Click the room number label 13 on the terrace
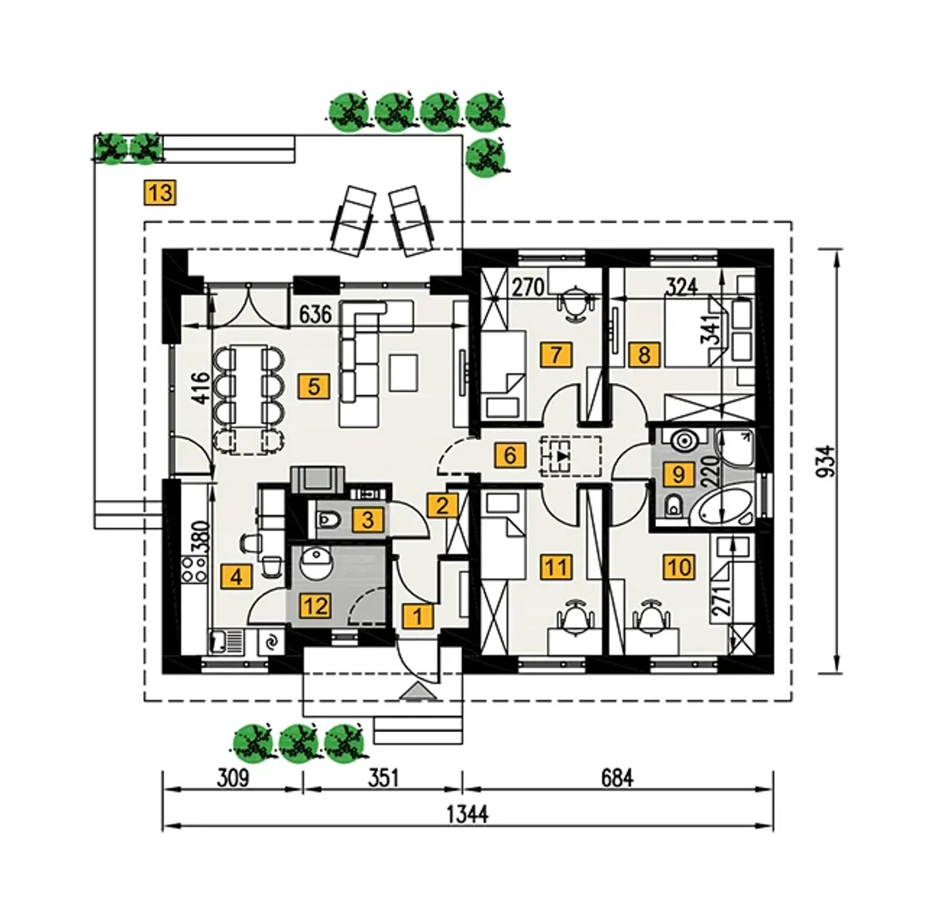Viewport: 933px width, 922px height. click(160, 193)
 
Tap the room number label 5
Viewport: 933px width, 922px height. click(313, 385)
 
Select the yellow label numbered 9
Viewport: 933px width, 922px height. click(679, 475)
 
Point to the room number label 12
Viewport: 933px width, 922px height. click(317, 605)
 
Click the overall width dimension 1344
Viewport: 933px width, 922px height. click(467, 813)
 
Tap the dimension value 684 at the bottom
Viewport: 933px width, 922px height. click(617, 778)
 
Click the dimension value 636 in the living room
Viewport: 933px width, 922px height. click(316, 315)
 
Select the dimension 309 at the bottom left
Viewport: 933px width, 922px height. click(233, 778)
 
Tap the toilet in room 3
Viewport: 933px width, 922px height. click(329, 520)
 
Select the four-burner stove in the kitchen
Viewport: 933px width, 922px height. click(194, 568)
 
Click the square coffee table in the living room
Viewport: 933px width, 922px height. click(404, 371)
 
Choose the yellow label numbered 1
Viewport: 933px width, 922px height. click(418, 616)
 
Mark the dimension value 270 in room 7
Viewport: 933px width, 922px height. click(527, 287)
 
